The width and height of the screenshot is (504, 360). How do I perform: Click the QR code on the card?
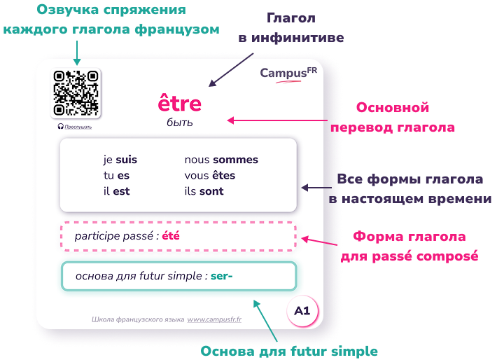pos(76,93)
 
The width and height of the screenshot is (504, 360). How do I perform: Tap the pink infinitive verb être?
pos(179,103)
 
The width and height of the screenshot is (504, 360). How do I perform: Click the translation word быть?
pos(179,123)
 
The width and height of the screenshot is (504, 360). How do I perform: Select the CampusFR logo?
pos(288,74)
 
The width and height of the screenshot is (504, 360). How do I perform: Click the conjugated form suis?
pos(126,160)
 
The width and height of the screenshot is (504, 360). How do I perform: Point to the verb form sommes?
pos(235,160)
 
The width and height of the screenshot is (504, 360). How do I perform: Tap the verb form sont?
pos(211,191)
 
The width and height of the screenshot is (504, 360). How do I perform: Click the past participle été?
pos(171,236)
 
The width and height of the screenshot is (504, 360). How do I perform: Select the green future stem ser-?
pos(221,276)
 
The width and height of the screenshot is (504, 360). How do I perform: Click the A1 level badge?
pos(302,311)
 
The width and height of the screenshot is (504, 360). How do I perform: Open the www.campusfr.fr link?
pos(214,319)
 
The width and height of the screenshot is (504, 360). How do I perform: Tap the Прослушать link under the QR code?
pos(78,127)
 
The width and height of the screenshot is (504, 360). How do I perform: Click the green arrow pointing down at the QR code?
pos(77,53)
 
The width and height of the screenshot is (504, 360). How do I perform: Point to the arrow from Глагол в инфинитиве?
pos(231,70)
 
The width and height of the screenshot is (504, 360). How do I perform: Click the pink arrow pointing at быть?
pos(277,120)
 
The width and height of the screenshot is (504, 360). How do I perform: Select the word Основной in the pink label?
pos(393,107)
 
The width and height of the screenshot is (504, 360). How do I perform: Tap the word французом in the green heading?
pos(177,29)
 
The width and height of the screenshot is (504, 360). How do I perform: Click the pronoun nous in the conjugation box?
pos(197,160)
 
